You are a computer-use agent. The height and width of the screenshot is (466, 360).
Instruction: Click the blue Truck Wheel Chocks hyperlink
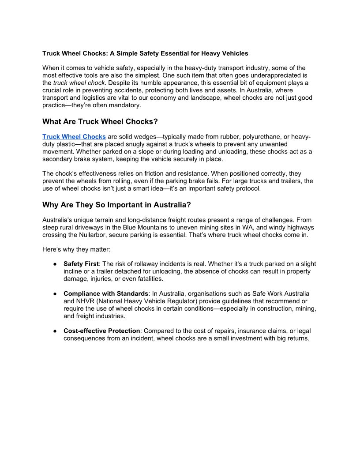(74, 137)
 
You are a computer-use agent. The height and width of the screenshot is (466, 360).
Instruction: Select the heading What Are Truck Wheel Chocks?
(100, 121)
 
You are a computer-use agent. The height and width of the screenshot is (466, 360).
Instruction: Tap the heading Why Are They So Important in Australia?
(116, 205)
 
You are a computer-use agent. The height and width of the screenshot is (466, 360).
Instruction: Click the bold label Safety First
(81, 264)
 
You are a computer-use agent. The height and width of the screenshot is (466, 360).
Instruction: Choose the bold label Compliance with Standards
(106, 293)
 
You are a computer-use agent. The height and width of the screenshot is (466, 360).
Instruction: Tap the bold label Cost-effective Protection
(102, 331)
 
